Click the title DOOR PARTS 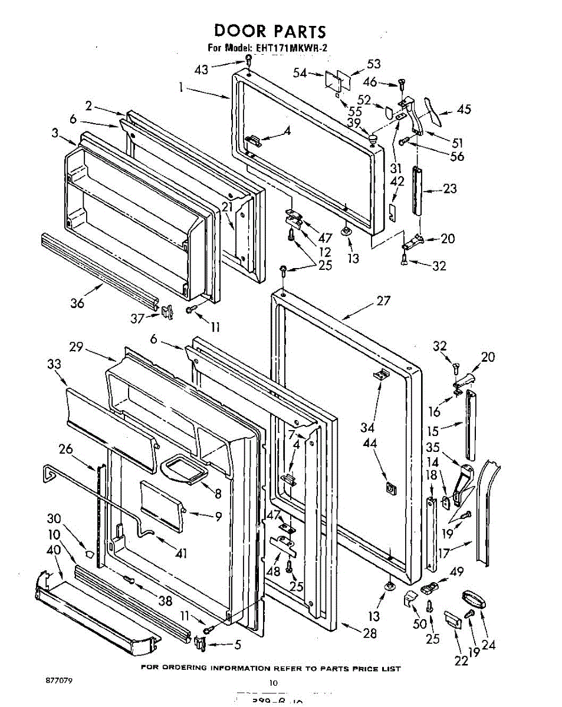[270, 31]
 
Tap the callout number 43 [202, 69]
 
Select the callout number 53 [373, 64]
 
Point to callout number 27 [383, 301]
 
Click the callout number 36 [77, 303]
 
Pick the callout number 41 [180, 553]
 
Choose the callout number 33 [54, 365]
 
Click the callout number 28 [370, 633]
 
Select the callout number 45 [464, 110]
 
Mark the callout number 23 [450, 189]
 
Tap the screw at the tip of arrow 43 [249, 60]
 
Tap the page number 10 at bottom [272, 683]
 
